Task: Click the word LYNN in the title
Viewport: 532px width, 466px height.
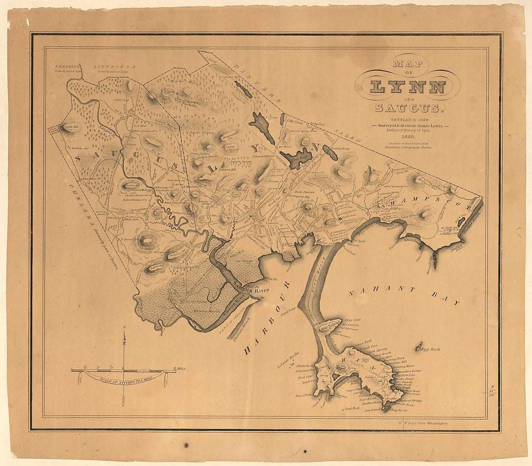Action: click(x=408, y=87)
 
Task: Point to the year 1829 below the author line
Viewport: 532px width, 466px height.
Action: click(x=410, y=137)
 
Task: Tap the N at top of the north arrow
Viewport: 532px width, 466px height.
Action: click(x=124, y=329)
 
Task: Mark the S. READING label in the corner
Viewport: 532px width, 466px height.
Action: click(x=67, y=66)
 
